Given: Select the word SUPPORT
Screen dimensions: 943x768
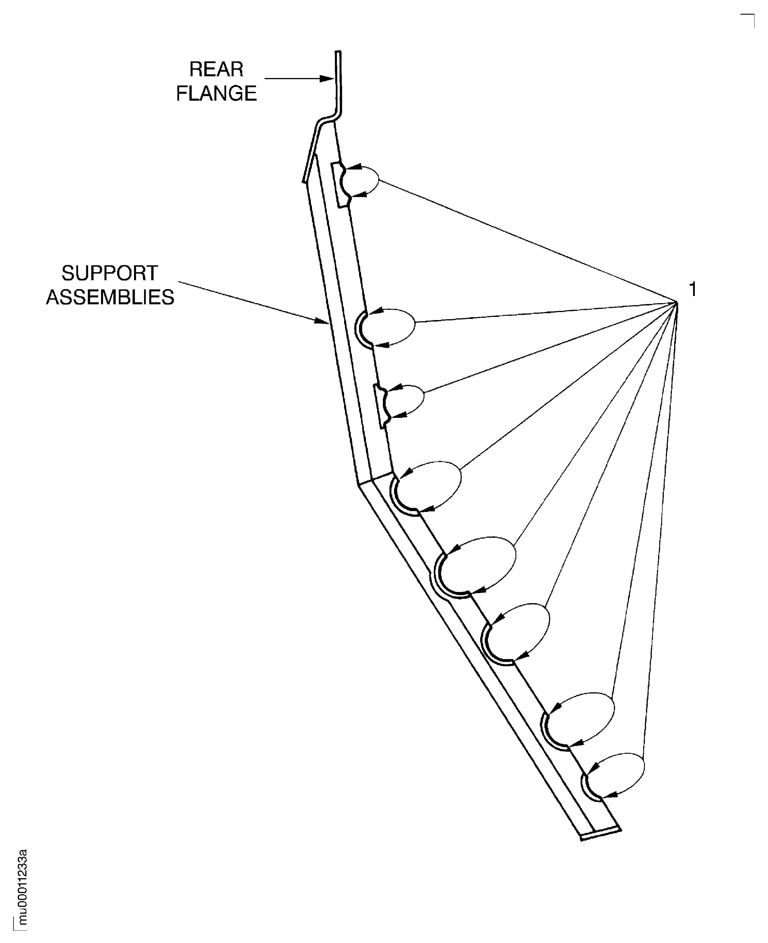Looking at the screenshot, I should (109, 273).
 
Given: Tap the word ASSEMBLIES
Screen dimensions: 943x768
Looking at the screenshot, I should (110, 297).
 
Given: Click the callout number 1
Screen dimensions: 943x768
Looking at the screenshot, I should (693, 290).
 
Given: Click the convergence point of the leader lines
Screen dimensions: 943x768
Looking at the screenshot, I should (677, 302).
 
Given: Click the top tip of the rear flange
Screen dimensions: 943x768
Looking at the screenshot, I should (338, 52).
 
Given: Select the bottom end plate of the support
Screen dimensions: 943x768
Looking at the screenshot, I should (601, 834).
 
